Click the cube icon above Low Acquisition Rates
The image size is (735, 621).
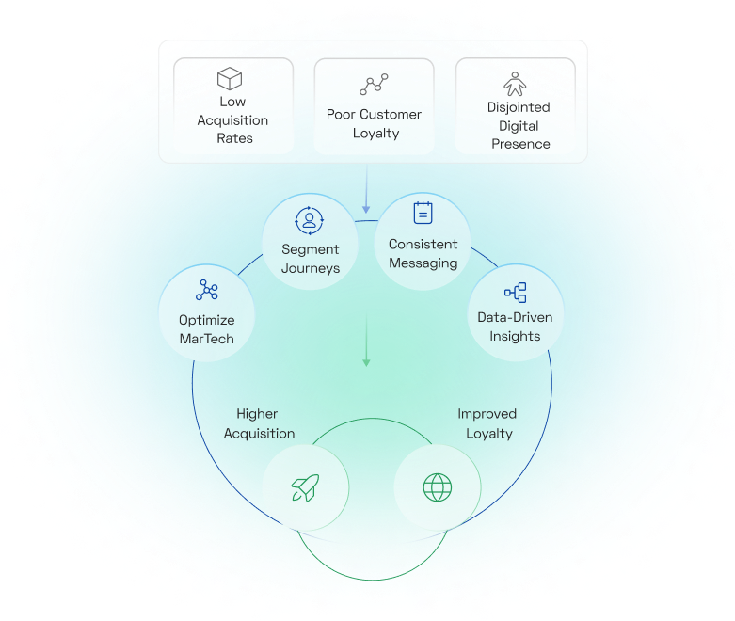point(231,78)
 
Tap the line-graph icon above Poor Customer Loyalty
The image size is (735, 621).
point(374,85)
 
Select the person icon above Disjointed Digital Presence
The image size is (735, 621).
point(515,83)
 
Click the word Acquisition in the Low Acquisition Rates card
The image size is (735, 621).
point(232,119)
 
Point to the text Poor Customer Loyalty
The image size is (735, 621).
point(375,123)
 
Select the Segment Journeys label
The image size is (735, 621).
point(310,259)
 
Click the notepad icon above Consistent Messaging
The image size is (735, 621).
point(423,213)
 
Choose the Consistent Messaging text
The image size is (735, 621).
point(423,253)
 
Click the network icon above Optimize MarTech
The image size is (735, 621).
point(207,290)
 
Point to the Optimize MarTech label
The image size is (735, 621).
point(207,329)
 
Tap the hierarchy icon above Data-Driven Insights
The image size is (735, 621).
point(515,293)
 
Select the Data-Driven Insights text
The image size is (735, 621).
point(515,326)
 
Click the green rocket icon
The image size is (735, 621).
point(305,487)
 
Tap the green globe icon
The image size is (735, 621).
point(437,486)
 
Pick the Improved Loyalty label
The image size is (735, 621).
point(487,423)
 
